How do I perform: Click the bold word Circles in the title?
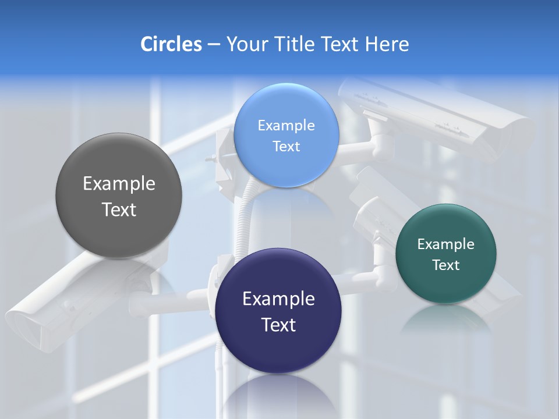171,44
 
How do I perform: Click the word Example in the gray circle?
119,184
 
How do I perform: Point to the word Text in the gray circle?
119,210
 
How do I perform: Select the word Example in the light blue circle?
286,126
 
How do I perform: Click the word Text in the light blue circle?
286,147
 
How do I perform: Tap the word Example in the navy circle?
278,299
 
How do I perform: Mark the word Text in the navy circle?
278,325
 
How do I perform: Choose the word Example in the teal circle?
445,244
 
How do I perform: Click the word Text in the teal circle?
445,265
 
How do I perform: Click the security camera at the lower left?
64,303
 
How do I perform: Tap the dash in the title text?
214,45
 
